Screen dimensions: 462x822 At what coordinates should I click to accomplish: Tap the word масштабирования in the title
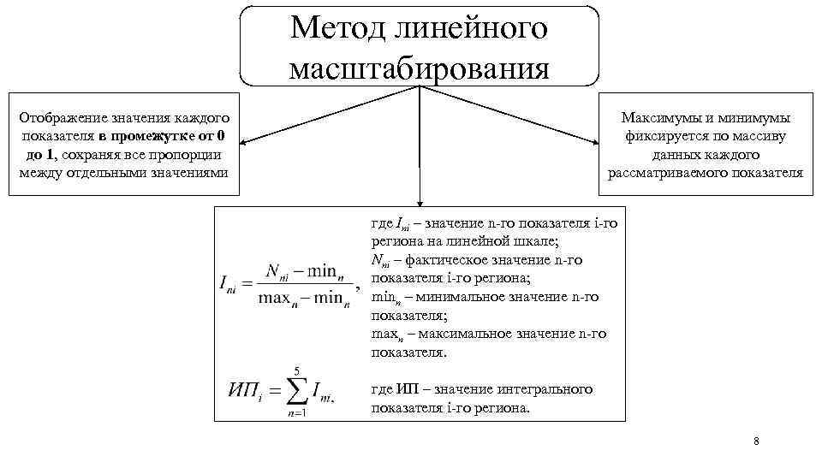pyautogui.click(x=419, y=68)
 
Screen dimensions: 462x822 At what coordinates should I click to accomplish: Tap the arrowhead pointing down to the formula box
pyautogui.click(x=419, y=203)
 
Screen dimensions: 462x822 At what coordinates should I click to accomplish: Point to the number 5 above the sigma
pyautogui.click(x=296, y=370)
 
